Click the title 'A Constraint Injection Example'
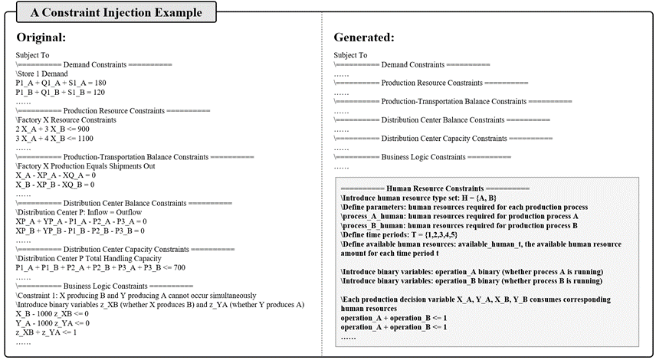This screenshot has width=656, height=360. (x=112, y=12)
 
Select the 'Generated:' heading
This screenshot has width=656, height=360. (x=364, y=38)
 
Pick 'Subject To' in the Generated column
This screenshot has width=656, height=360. (x=350, y=55)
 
